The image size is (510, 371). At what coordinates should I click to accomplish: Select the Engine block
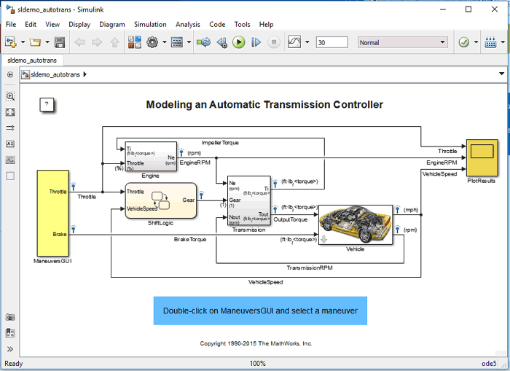pos(150,156)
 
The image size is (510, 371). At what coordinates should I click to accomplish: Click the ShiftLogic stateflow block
pos(160,200)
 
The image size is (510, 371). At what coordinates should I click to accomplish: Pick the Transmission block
pos(248,200)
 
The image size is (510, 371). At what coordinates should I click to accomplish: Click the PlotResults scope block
pos(482,154)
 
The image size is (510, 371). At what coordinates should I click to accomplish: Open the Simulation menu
pos(150,24)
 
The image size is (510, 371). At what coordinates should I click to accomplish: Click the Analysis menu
pos(188,24)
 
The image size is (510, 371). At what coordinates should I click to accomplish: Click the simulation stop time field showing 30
pos(331,42)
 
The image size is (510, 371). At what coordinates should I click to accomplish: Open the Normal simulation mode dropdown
pos(402,42)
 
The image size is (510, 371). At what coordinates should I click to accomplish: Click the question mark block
pos(47,104)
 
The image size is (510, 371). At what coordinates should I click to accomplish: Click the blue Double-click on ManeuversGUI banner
pos(260,311)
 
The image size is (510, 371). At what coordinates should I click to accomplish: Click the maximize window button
pos(468,9)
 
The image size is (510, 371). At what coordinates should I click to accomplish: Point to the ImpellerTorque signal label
pos(220,143)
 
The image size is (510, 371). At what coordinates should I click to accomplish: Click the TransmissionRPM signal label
pos(309,267)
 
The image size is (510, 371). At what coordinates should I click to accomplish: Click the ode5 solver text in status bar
pos(488,363)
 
